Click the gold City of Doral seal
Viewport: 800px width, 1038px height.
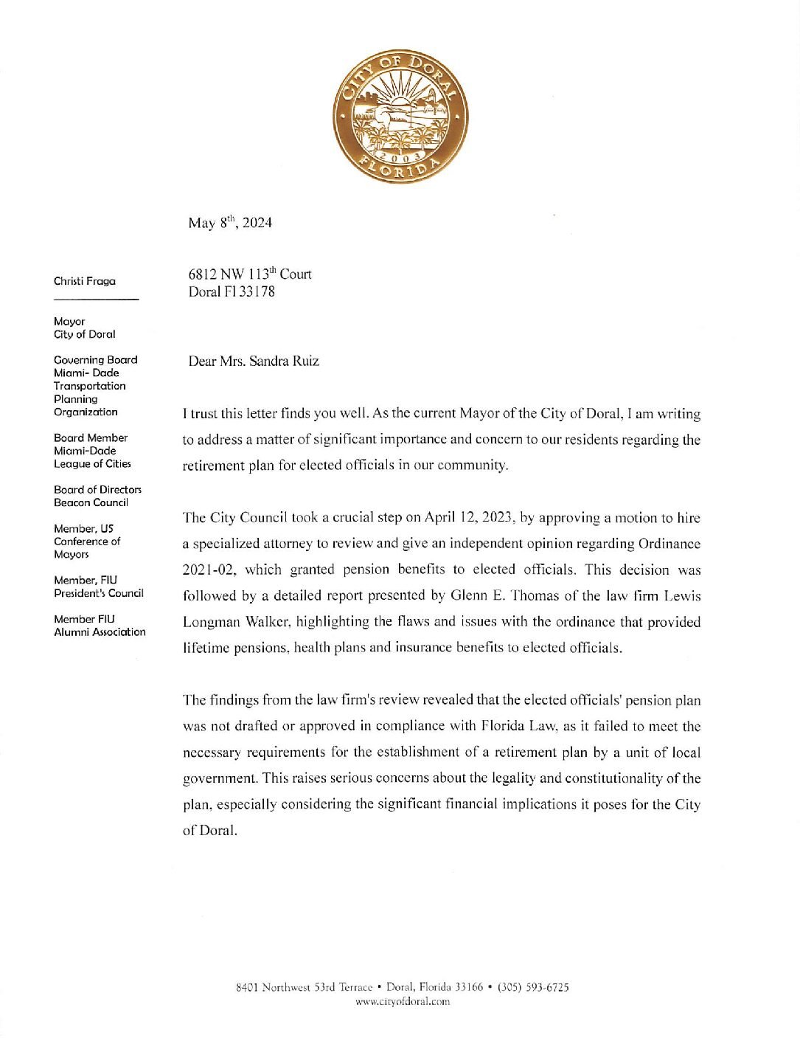pyautogui.click(x=400, y=117)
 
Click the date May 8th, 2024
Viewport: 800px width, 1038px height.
pyautogui.click(x=229, y=223)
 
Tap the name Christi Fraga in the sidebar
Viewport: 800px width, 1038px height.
pyautogui.click(x=85, y=281)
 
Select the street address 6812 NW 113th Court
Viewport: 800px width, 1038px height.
pyautogui.click(x=249, y=274)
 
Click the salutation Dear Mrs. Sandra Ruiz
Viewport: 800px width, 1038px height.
pyautogui.click(x=254, y=361)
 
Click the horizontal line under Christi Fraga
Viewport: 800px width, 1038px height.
pyautogui.click(x=96, y=299)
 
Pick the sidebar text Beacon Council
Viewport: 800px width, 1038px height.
pyautogui.click(x=91, y=502)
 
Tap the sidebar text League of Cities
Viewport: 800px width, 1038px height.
pyautogui.click(x=92, y=464)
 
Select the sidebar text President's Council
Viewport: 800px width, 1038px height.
pyautogui.click(x=99, y=593)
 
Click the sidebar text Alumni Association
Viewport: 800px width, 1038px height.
pyautogui.click(x=100, y=632)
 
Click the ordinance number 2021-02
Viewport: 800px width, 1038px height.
pyautogui.click(x=209, y=570)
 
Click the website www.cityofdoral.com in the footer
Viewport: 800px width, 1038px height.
pyautogui.click(x=403, y=1001)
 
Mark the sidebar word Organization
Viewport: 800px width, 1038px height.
pyautogui.click(x=86, y=412)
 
